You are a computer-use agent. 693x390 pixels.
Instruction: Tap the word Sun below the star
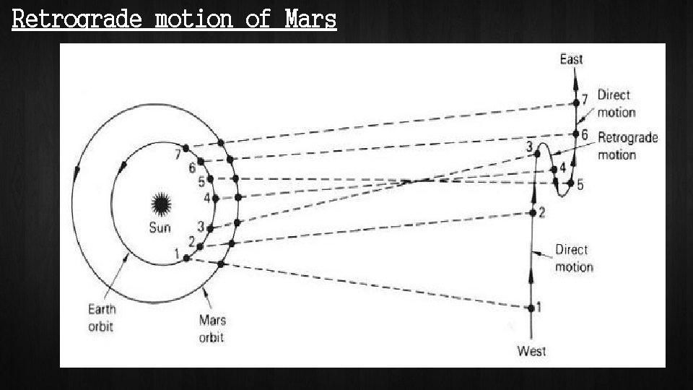160,227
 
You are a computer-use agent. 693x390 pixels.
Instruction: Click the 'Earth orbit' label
102,317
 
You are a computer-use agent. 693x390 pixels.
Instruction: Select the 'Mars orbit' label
212,328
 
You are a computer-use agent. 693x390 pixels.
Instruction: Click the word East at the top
571,59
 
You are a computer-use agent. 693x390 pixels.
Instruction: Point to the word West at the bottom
531,352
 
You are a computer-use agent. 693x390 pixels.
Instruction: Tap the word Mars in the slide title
310,19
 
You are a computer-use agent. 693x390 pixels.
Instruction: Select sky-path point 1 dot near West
531,308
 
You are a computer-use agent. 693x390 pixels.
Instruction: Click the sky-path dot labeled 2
533,212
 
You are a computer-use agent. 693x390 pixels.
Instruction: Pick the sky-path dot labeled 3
537,153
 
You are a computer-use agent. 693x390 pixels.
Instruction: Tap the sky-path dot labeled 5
570,184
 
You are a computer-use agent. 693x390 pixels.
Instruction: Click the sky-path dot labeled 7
576,103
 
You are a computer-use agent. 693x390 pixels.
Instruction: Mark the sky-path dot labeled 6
575,134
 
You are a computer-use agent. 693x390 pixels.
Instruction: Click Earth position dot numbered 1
186,258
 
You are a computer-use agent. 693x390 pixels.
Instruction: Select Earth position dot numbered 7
186,148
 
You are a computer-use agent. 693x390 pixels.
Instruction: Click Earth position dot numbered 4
215,198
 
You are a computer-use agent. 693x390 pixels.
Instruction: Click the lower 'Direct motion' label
574,258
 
